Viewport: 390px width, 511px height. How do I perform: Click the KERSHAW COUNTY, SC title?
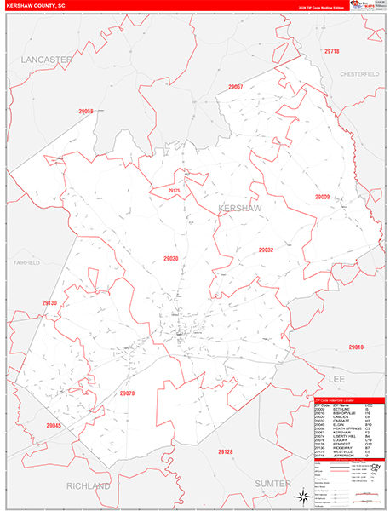pyautogui.click(x=35, y=5)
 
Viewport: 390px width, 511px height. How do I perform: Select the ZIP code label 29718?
pyautogui.click(x=332, y=52)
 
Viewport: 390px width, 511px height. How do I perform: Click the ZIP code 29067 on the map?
pyautogui.click(x=236, y=87)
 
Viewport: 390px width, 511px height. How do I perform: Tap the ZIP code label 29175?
pyautogui.click(x=174, y=191)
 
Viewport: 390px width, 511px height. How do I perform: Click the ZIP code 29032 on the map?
pyautogui.click(x=266, y=250)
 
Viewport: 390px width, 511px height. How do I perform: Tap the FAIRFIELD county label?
pyautogui.click(x=26, y=263)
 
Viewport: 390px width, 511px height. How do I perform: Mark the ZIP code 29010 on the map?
pyautogui.click(x=356, y=347)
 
